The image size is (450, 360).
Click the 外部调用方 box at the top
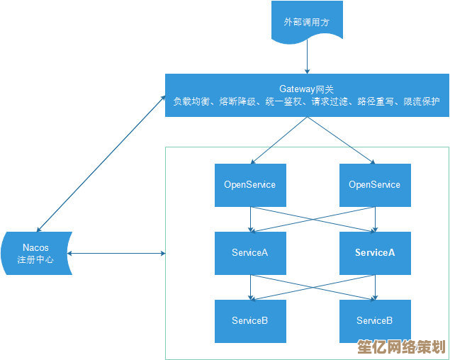[x=306, y=23]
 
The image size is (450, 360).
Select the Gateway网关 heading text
[x=306, y=89]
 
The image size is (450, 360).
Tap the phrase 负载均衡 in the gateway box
[x=191, y=102]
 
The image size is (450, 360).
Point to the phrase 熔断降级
[x=235, y=102]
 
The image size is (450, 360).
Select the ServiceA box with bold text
[x=375, y=253]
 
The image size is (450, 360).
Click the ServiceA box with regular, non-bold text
[x=250, y=253]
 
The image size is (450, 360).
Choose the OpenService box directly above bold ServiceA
[x=375, y=185]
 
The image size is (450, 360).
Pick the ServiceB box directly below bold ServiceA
[x=375, y=321]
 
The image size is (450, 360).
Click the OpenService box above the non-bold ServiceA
[x=250, y=185]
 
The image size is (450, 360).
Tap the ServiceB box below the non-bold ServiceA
[x=250, y=321]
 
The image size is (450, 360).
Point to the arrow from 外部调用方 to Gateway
[x=307, y=60]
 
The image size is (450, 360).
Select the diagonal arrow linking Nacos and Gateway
[x=99, y=164]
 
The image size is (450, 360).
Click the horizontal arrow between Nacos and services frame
[x=117, y=253]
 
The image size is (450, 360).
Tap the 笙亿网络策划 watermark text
[x=400, y=347]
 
